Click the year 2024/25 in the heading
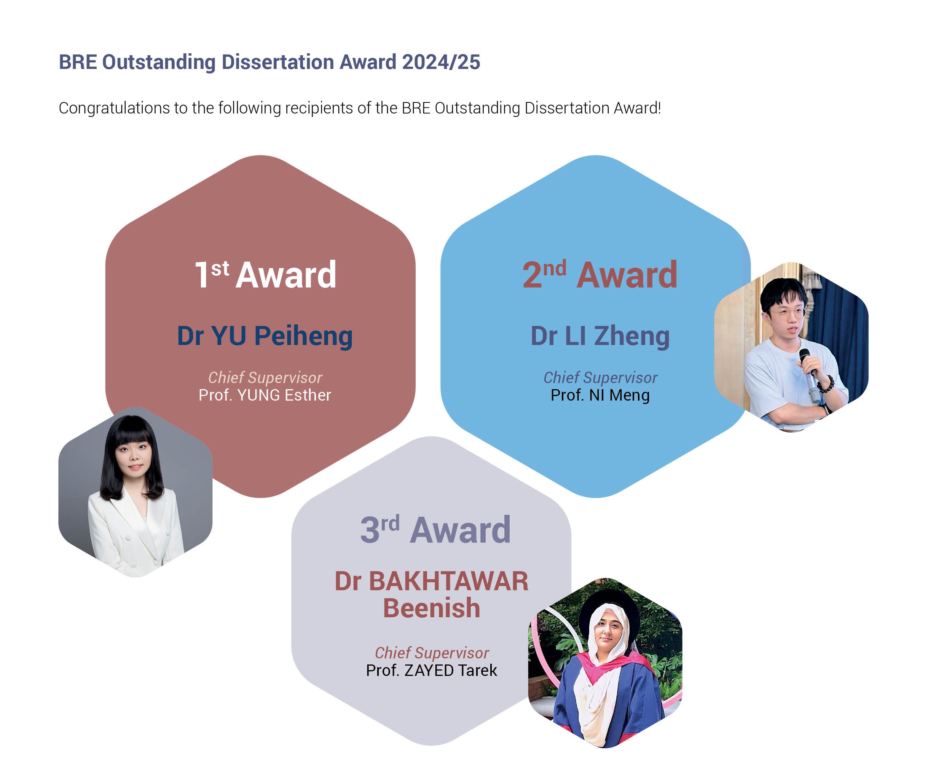pos(441,62)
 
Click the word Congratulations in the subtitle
pos(114,108)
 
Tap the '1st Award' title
pos(265,274)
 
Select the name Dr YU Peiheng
pos(265,336)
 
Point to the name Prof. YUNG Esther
pos(265,395)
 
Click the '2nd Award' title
pos(600,274)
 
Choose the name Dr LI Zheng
pos(600,336)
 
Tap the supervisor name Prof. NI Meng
pos(600,395)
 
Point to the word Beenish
pos(432,608)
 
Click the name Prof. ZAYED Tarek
pos(431,671)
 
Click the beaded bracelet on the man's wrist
pos(826,384)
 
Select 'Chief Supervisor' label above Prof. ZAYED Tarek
pos(432,653)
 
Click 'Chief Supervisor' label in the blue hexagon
pos(600,378)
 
